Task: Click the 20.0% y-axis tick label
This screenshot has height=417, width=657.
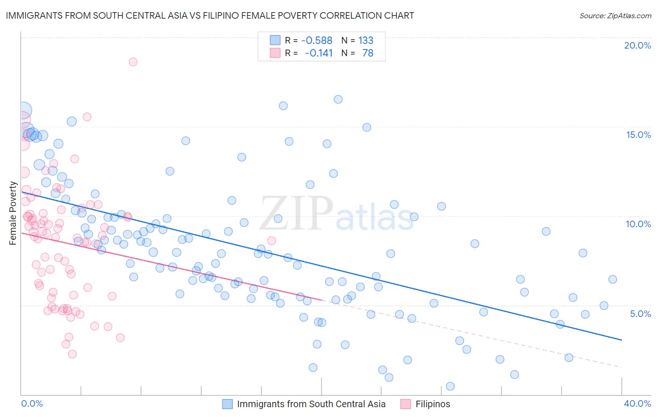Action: tap(637, 45)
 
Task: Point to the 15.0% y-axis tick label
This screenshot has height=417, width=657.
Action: tap(638, 135)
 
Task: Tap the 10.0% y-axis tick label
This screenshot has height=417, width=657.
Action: tap(638, 224)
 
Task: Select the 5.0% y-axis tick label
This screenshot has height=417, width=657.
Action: tap(640, 314)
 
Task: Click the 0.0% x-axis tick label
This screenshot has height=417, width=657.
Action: tap(32, 403)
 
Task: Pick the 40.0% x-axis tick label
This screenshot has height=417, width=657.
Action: tap(637, 403)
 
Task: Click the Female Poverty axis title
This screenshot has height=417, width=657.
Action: tap(13, 213)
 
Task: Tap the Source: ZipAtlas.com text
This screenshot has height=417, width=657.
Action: tap(615, 16)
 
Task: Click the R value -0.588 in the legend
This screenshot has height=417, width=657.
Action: tap(317, 41)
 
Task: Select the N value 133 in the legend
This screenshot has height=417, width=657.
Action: tap(366, 41)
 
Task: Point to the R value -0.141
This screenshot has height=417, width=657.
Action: tap(319, 53)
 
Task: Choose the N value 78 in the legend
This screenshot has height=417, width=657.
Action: tap(368, 53)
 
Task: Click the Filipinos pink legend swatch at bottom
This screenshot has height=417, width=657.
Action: tap(405, 404)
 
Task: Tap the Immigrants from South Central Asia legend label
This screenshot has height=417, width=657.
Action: tap(311, 404)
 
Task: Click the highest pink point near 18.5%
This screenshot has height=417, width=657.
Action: tap(133, 62)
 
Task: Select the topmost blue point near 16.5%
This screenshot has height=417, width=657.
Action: tap(338, 99)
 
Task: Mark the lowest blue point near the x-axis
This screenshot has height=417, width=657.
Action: tap(450, 386)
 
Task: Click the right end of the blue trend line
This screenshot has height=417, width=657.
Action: tap(621, 340)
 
